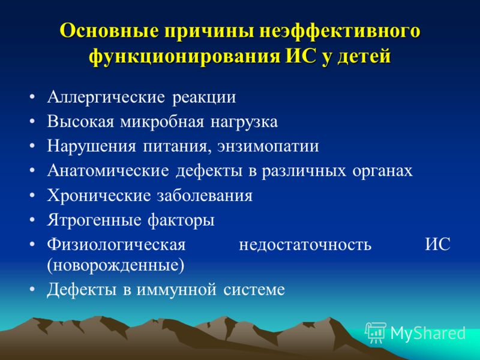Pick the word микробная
coord(161,121)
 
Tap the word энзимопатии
coord(268,146)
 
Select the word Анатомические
coord(108,171)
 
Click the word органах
coord(382,172)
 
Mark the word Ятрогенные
coord(94,220)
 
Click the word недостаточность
coord(305,245)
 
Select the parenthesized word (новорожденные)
coord(116,265)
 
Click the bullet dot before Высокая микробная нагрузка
coord(32,122)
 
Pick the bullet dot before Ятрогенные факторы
coord(32,220)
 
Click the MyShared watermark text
coord(428,333)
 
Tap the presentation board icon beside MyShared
coord(376,332)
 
